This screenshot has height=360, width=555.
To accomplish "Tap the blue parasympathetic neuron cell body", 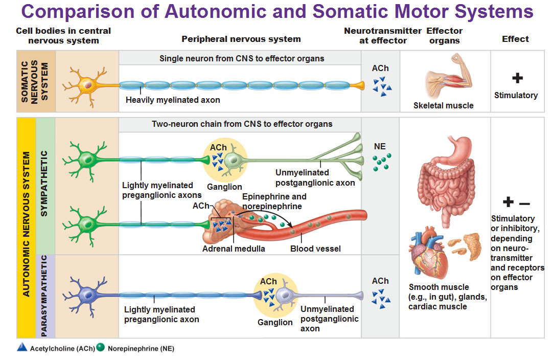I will click(87, 294).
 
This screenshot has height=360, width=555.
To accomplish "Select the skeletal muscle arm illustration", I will click(443, 79).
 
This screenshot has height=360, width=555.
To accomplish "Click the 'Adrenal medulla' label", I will click(234, 249).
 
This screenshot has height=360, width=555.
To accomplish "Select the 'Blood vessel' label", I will click(315, 249).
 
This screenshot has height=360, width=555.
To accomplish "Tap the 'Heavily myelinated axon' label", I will click(173, 100).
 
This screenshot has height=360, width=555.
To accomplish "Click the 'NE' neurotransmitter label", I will click(380, 147).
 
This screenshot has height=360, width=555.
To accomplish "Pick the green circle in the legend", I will click(100, 348).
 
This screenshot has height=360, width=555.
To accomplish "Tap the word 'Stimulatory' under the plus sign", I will click(516, 96).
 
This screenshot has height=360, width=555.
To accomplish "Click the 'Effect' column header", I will click(515, 39).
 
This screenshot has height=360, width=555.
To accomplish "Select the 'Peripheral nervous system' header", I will click(241, 39).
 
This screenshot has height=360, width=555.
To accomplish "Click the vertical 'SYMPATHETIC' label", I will click(44, 183).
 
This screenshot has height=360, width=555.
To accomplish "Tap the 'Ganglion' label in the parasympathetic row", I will click(275, 323).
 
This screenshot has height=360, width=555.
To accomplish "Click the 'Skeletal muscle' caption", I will click(444, 106).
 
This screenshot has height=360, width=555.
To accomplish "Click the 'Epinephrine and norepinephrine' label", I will click(274, 201).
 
